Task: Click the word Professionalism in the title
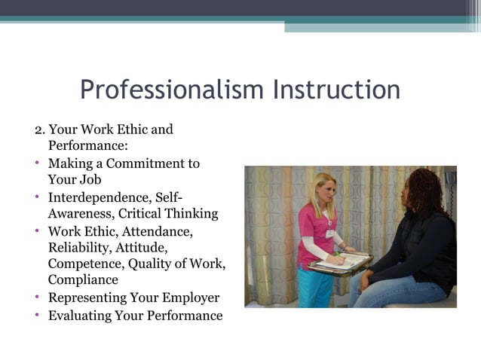tap(172, 90)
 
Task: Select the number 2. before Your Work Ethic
tap(40, 130)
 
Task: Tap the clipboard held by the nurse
tap(340, 263)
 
